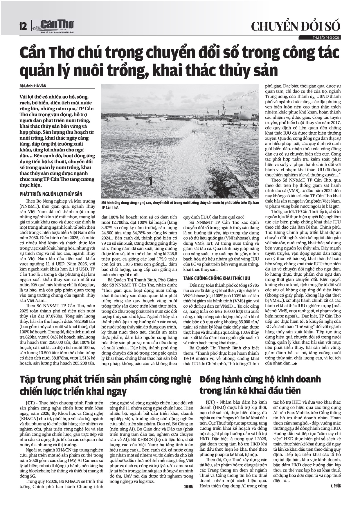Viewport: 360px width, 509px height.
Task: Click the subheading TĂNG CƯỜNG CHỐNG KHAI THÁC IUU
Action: [x=216, y=278]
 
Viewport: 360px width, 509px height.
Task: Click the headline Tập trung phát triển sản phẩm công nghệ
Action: [x=105, y=379]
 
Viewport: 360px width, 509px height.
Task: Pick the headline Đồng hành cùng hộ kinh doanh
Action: [x=260, y=379]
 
